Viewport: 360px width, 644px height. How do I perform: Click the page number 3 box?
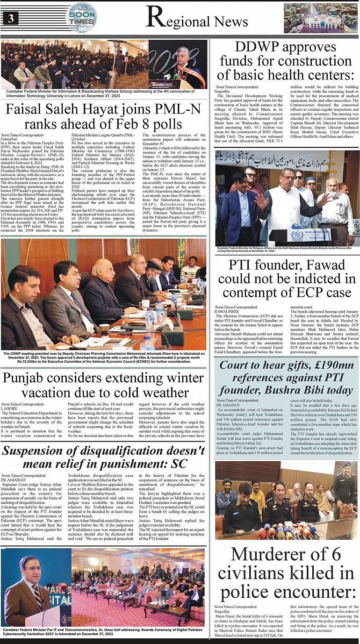tap(10, 18)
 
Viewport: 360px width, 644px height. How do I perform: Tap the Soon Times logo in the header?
tap(82, 17)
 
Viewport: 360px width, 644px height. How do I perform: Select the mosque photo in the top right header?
tap(320, 18)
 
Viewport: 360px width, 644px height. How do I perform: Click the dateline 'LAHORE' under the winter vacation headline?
tap(9, 408)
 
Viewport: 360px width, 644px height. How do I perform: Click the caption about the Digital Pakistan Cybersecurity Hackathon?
tap(103, 632)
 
